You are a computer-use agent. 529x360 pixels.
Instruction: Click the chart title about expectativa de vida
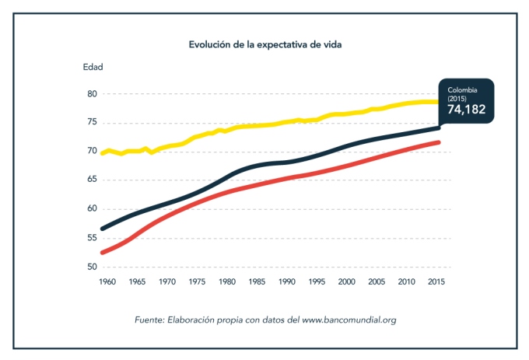click(x=265, y=44)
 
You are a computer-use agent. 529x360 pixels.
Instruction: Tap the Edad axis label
click(x=93, y=66)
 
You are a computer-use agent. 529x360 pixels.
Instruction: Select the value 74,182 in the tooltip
click(x=466, y=110)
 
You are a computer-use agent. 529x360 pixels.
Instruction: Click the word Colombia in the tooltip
click(x=463, y=90)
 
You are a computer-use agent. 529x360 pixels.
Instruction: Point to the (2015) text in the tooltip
click(x=457, y=98)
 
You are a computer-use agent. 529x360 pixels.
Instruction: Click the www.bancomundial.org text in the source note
click(x=350, y=320)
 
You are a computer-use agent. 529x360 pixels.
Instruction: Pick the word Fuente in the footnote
click(x=148, y=320)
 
